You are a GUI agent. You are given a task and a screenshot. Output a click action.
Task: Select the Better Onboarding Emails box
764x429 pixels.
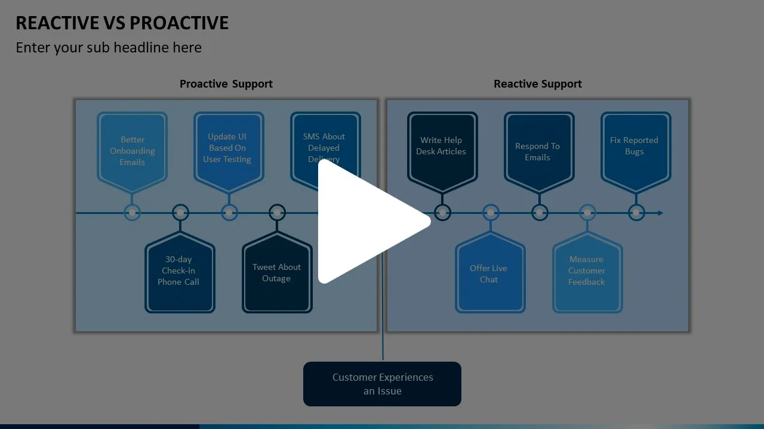(x=132, y=151)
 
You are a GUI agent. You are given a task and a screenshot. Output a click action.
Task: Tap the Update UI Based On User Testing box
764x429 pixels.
(x=228, y=148)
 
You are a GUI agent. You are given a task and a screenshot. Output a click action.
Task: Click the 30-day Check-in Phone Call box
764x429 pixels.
(x=180, y=271)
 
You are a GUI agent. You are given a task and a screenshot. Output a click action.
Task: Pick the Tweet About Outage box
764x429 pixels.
(x=276, y=273)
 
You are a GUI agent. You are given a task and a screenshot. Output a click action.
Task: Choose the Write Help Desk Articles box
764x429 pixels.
(x=442, y=146)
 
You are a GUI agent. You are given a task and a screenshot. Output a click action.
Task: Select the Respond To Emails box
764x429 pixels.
(x=538, y=151)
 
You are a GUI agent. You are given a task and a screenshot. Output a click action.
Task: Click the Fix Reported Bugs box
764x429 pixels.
(x=635, y=146)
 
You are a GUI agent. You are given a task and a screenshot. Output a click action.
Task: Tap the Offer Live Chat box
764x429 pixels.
(x=489, y=273)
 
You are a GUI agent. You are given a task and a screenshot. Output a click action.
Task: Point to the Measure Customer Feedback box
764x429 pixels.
(x=587, y=271)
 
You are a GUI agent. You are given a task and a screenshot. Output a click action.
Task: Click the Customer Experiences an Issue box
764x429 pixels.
(x=382, y=384)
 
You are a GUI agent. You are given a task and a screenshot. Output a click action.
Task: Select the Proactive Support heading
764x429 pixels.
(x=226, y=84)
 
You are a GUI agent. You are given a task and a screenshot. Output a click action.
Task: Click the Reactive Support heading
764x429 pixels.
(x=537, y=84)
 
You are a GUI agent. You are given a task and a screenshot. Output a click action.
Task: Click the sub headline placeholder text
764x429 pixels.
(x=109, y=48)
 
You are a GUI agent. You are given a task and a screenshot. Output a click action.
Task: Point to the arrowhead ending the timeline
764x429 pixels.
(x=660, y=213)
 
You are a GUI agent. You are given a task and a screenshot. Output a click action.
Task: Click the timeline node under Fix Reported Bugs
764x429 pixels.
(x=636, y=213)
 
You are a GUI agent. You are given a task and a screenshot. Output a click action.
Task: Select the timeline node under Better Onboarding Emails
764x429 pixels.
(x=132, y=213)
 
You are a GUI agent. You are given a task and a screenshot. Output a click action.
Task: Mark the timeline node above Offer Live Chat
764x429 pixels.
(x=491, y=213)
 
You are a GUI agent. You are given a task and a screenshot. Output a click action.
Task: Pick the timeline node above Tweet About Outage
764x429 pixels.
(x=277, y=213)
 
